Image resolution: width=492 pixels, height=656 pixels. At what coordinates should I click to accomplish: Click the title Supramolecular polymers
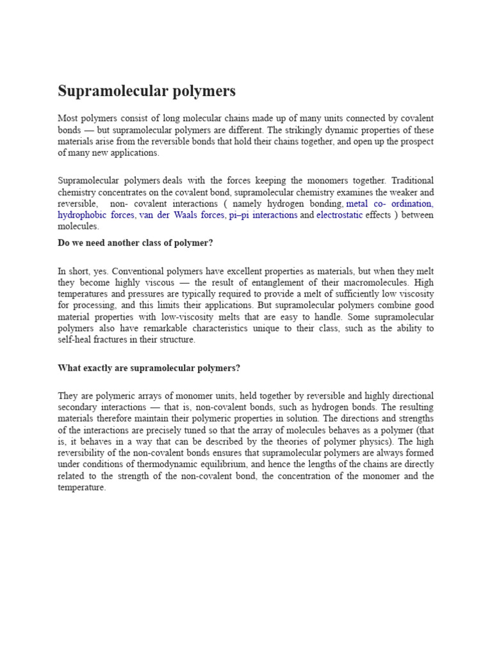[x=147, y=91]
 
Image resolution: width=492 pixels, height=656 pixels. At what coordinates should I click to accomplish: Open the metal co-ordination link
[x=389, y=204]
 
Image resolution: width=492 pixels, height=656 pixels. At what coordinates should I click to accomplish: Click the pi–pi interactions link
[x=263, y=215]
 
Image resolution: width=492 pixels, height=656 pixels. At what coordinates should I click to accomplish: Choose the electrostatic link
[x=340, y=215]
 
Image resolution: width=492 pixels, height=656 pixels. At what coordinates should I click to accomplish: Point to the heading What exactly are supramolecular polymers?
[x=149, y=368]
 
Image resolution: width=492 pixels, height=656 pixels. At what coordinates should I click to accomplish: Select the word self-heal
[x=76, y=340]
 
